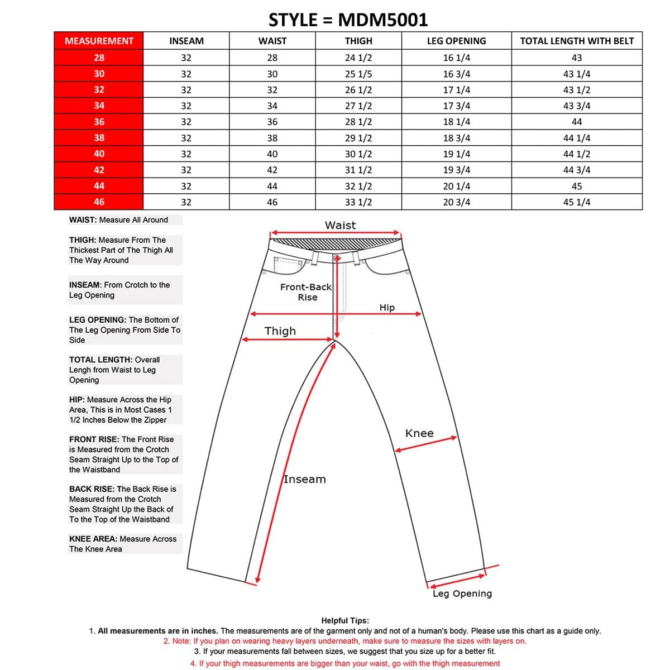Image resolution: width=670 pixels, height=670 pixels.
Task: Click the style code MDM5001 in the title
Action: pos(383,20)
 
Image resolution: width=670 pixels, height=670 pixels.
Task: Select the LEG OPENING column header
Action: pos(456,41)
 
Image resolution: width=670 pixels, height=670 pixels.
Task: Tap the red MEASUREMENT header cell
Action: pos(99,41)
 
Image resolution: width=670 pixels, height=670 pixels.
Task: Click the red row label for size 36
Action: pos(99,122)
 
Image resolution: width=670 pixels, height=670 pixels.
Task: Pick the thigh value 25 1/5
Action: pos(358,74)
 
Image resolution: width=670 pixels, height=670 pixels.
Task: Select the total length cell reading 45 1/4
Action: pos(577,202)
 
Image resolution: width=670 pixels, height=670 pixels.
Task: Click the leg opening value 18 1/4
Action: pos(456,122)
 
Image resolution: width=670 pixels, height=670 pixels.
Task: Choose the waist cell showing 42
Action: pos(272,170)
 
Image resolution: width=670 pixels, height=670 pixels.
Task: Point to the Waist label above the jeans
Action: pos(340,225)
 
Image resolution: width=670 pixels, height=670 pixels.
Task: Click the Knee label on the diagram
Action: pos(419,433)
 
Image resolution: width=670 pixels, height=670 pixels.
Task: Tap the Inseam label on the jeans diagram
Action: pos(304,479)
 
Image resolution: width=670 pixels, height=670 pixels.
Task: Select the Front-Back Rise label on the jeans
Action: pos(306,292)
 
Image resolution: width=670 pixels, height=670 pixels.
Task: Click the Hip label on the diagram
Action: pos(387,308)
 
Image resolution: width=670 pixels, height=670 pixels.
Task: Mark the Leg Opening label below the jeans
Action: pos(462,594)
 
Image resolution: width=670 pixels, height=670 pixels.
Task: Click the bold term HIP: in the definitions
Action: pos(77,400)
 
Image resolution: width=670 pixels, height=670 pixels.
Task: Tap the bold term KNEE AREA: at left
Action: pos(93,539)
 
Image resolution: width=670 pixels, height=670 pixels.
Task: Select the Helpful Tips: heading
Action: pos(345,620)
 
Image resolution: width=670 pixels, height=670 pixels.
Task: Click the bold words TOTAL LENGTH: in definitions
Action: pos(100,360)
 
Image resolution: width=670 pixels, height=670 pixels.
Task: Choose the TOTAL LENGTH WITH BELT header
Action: pos(577,41)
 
